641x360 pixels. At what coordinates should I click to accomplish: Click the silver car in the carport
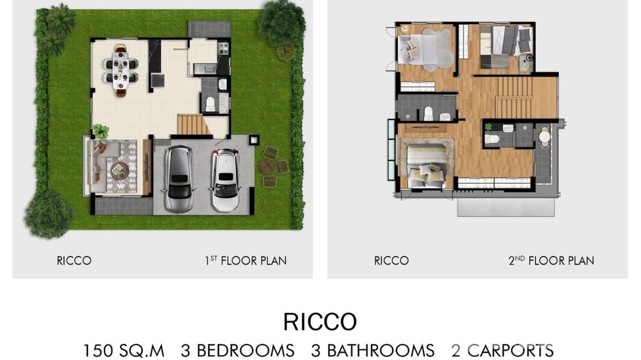179,179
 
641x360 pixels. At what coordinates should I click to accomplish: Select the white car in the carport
225,180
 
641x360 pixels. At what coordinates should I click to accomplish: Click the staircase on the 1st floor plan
193,125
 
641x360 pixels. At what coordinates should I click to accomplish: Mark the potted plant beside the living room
101,131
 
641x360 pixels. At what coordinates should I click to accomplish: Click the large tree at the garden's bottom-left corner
48,214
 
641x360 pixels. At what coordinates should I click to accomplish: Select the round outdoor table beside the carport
266,167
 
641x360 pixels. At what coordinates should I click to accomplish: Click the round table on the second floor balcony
545,137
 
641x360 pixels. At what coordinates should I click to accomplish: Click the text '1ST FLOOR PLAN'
246,261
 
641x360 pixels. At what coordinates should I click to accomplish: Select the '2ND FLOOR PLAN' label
551,261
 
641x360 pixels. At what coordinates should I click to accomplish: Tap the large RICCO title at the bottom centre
320,322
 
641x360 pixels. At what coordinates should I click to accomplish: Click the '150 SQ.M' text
124,351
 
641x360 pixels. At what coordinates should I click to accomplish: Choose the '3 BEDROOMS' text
237,351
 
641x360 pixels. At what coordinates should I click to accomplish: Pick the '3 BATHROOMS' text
373,351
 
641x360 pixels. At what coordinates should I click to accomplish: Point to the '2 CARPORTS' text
502,351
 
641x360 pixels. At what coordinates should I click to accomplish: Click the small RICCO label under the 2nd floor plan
391,261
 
